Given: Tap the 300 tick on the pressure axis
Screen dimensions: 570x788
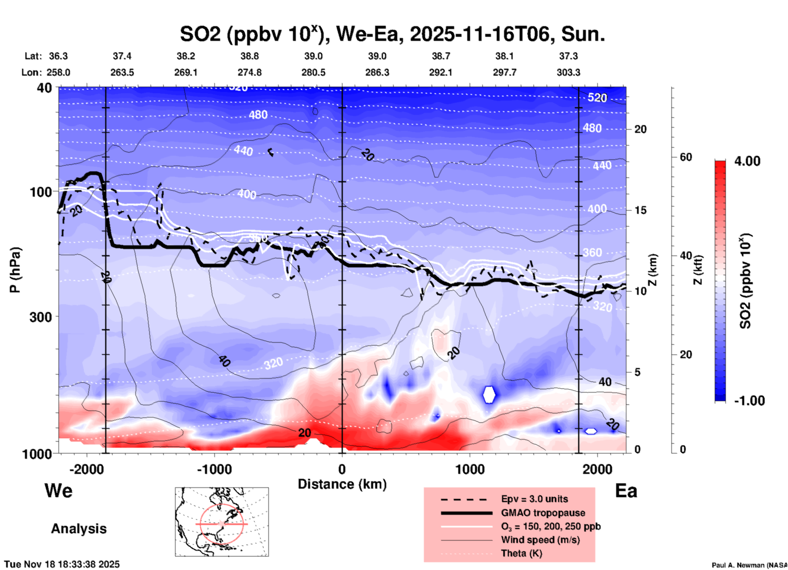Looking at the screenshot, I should click(41, 316).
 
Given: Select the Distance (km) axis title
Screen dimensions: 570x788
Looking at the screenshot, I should click(342, 484).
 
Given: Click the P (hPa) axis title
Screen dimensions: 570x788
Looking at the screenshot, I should click(15, 270).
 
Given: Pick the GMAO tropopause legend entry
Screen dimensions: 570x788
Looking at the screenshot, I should click(543, 513).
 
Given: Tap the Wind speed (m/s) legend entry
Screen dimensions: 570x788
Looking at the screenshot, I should click(540, 540).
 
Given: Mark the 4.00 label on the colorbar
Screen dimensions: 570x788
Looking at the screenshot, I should click(747, 161).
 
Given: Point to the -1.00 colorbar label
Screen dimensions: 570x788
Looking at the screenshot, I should click(749, 401).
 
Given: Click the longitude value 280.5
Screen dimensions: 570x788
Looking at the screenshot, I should click(313, 72).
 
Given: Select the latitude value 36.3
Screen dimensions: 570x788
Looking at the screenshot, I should click(58, 56).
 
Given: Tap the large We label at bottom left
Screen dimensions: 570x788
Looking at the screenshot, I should click(59, 490).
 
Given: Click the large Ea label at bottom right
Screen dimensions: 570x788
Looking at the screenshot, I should click(626, 491).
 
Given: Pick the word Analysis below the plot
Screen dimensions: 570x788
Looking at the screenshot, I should click(79, 529).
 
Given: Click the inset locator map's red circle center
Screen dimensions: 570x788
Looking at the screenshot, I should click(221, 524).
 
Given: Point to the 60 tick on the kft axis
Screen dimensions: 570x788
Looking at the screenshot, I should click(686, 157).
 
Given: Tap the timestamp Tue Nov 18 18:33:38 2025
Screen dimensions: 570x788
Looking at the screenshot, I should click(62, 564).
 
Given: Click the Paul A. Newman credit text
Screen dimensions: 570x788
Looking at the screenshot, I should click(749, 565).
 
